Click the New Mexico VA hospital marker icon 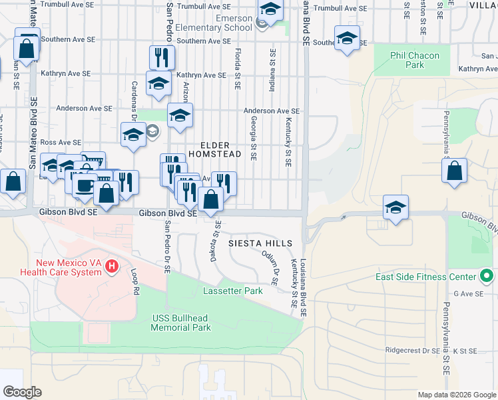coord(112,267)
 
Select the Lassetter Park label coord(228,291)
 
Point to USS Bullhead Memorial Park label coord(181,323)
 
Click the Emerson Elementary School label coord(220,23)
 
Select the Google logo coord(22,392)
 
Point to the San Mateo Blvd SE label coord(33,133)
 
